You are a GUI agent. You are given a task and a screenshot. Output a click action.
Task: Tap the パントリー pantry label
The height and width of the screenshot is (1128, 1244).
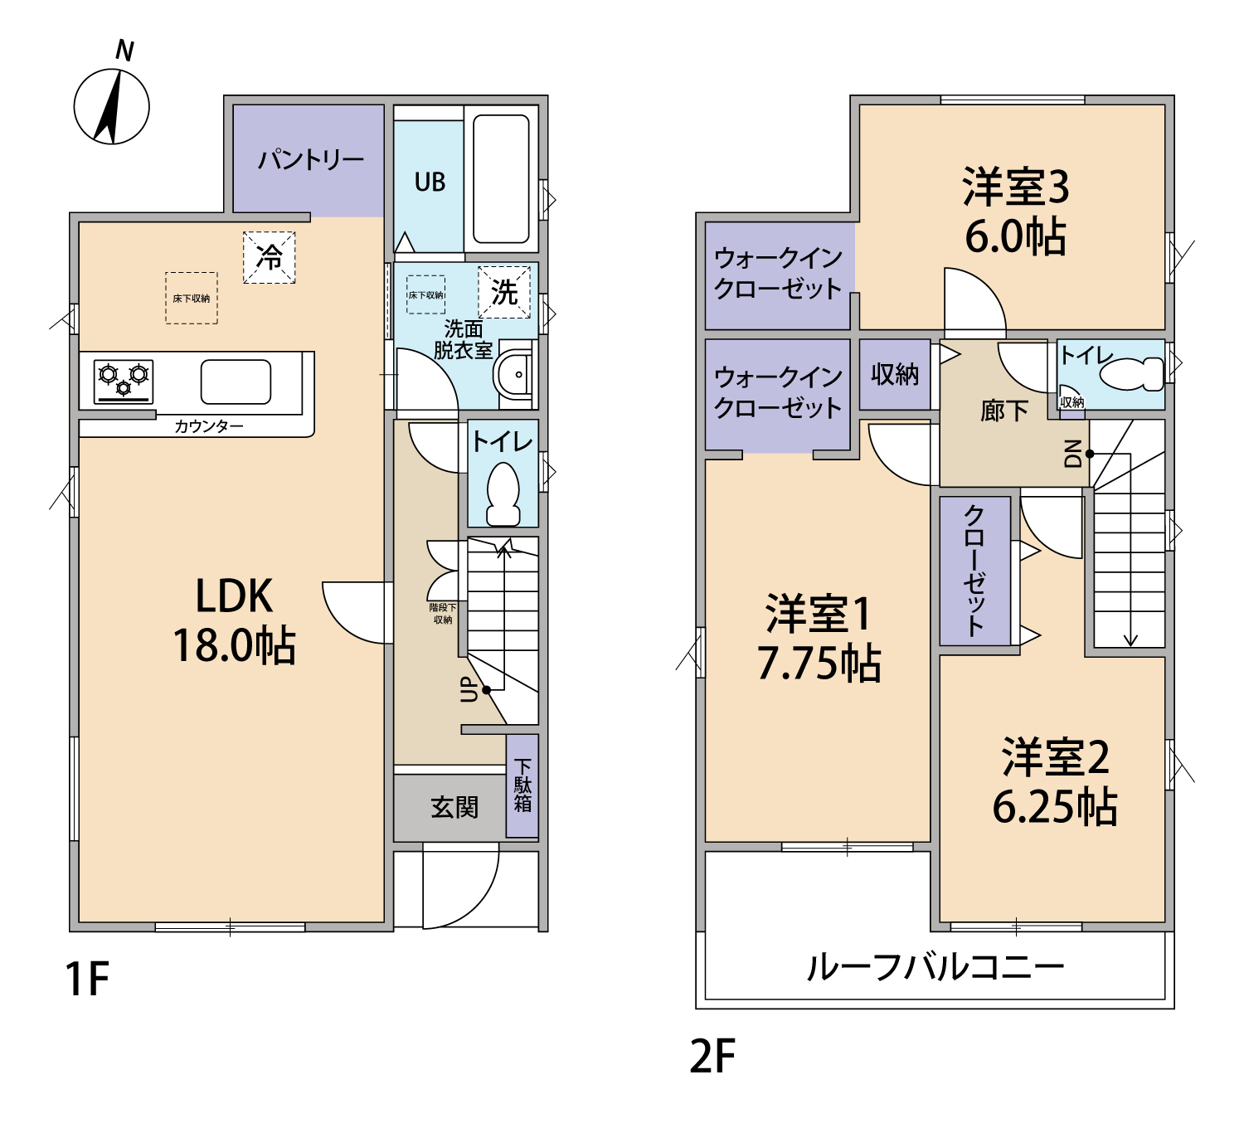click(311, 161)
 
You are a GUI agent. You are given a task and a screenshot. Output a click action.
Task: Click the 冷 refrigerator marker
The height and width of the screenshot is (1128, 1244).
click(270, 257)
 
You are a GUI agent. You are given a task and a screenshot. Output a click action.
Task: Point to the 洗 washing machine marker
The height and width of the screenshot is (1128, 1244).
click(504, 292)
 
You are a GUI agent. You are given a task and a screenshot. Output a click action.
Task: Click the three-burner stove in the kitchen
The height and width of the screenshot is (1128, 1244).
click(124, 382)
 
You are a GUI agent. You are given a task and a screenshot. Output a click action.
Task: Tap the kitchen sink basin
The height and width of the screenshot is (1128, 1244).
click(236, 382)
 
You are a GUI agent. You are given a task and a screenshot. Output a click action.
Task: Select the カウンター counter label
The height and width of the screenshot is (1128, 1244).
click(209, 426)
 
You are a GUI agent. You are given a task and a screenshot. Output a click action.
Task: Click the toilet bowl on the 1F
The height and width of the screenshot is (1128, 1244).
click(503, 494)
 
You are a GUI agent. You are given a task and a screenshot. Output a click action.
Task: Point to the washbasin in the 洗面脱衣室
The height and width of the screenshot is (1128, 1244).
click(513, 374)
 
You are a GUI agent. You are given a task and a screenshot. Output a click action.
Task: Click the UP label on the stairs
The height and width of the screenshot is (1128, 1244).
click(469, 689)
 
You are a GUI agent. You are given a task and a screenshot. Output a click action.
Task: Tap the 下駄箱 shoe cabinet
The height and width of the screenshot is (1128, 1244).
click(522, 785)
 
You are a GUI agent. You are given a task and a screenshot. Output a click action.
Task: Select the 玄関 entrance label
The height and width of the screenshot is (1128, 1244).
click(454, 807)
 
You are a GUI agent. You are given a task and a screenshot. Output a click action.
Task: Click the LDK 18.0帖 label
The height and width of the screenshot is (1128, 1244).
click(234, 621)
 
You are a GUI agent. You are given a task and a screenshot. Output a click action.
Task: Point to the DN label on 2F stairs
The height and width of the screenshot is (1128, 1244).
click(1073, 454)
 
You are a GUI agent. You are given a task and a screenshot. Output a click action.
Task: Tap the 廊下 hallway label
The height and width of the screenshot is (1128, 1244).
click(1004, 411)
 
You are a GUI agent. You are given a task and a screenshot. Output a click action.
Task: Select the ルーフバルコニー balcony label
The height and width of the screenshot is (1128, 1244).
click(935, 967)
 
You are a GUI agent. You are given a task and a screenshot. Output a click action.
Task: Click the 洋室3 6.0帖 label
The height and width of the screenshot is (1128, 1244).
click(1015, 211)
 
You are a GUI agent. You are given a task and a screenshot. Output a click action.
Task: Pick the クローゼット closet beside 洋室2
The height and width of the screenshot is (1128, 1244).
click(974, 571)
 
